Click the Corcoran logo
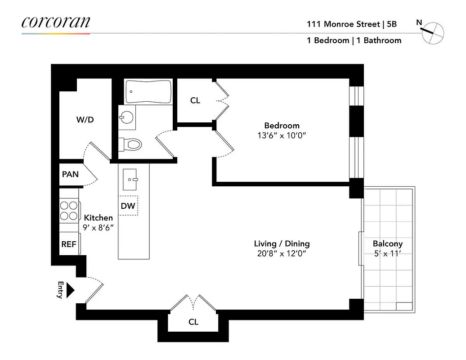click(x=56, y=22)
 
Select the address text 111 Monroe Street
click(x=343, y=24)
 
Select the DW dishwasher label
click(x=128, y=206)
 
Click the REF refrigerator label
click(x=69, y=244)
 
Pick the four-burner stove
click(x=69, y=210)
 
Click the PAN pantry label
click(x=70, y=174)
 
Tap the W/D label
click(x=85, y=120)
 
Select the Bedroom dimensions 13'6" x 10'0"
click(x=282, y=136)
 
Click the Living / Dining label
click(x=282, y=244)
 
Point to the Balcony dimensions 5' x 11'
click(x=387, y=254)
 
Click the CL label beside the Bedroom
click(x=195, y=101)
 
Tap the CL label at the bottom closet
click(x=193, y=322)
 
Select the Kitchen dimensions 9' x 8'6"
click(x=98, y=227)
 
